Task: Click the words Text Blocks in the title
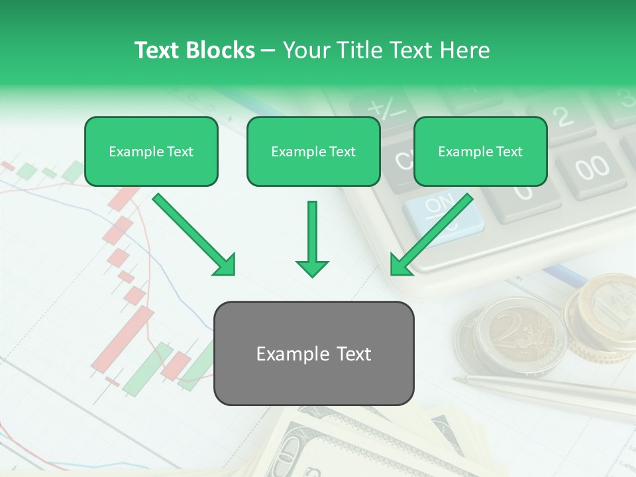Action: tap(194, 50)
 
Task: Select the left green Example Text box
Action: tap(151, 152)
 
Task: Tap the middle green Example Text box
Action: tap(313, 152)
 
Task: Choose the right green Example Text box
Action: tap(480, 152)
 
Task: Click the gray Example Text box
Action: tap(313, 354)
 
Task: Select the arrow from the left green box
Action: tap(193, 235)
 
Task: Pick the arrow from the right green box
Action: tap(432, 235)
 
